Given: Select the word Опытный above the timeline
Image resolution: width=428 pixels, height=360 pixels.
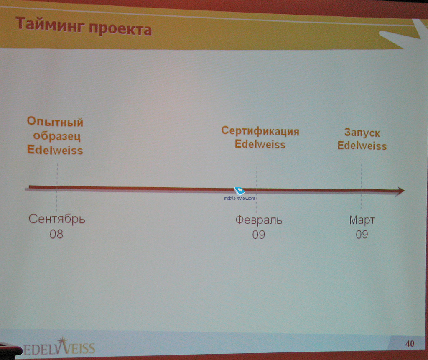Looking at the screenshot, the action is (x=55, y=122).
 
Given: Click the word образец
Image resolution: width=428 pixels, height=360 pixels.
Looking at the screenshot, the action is (x=57, y=136).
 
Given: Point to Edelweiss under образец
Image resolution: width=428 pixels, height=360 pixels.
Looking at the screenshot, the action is (x=55, y=150).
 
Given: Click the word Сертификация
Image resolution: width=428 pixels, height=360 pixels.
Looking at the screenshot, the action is (x=260, y=131).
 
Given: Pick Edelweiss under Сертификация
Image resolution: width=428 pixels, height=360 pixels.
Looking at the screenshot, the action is (x=260, y=144).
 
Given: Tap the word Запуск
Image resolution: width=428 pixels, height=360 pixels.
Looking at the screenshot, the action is (x=362, y=133).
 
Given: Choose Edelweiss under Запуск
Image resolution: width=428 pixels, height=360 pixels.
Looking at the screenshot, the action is (x=362, y=146).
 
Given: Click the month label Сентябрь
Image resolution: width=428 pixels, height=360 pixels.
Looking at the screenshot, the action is (x=57, y=219).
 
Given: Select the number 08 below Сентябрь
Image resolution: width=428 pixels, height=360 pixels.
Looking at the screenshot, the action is (x=56, y=234).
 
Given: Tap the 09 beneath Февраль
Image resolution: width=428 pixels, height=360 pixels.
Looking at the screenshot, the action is (x=258, y=235).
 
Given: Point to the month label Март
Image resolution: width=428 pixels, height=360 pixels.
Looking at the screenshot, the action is (x=362, y=220).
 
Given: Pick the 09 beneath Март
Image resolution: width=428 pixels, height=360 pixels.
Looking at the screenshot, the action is (x=362, y=235).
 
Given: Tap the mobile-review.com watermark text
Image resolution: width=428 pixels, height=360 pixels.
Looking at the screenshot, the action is (x=239, y=198).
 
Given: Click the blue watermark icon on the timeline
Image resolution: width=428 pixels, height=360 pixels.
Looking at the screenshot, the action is (x=239, y=190).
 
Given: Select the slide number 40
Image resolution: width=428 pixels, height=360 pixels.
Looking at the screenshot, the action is (x=410, y=343).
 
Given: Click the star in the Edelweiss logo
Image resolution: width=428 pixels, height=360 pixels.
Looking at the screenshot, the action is (x=63, y=342).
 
